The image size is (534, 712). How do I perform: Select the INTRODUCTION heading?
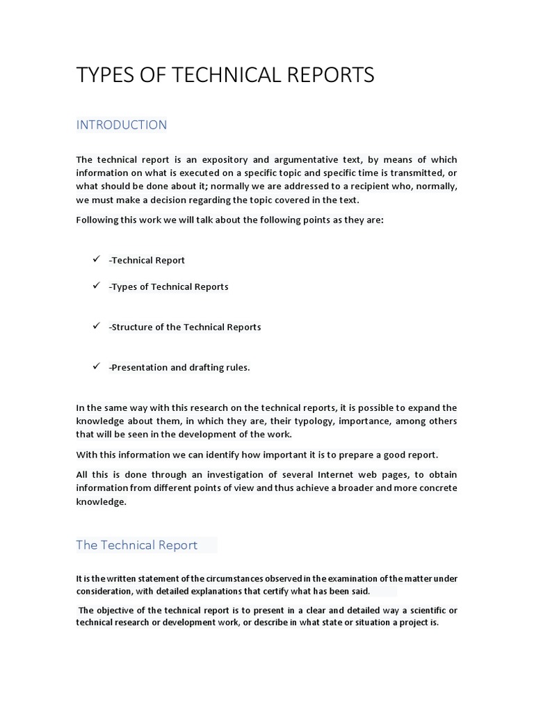(x=122, y=125)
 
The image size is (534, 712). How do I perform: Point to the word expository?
(x=225, y=160)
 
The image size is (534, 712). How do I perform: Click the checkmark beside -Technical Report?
(x=97, y=259)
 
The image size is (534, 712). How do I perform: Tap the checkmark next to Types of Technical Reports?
(x=97, y=286)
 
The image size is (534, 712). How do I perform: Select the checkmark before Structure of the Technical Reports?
(x=97, y=326)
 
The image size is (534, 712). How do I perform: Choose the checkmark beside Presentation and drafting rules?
(x=97, y=366)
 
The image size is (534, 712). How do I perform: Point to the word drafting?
(x=207, y=367)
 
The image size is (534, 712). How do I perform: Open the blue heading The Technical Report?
(x=137, y=545)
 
